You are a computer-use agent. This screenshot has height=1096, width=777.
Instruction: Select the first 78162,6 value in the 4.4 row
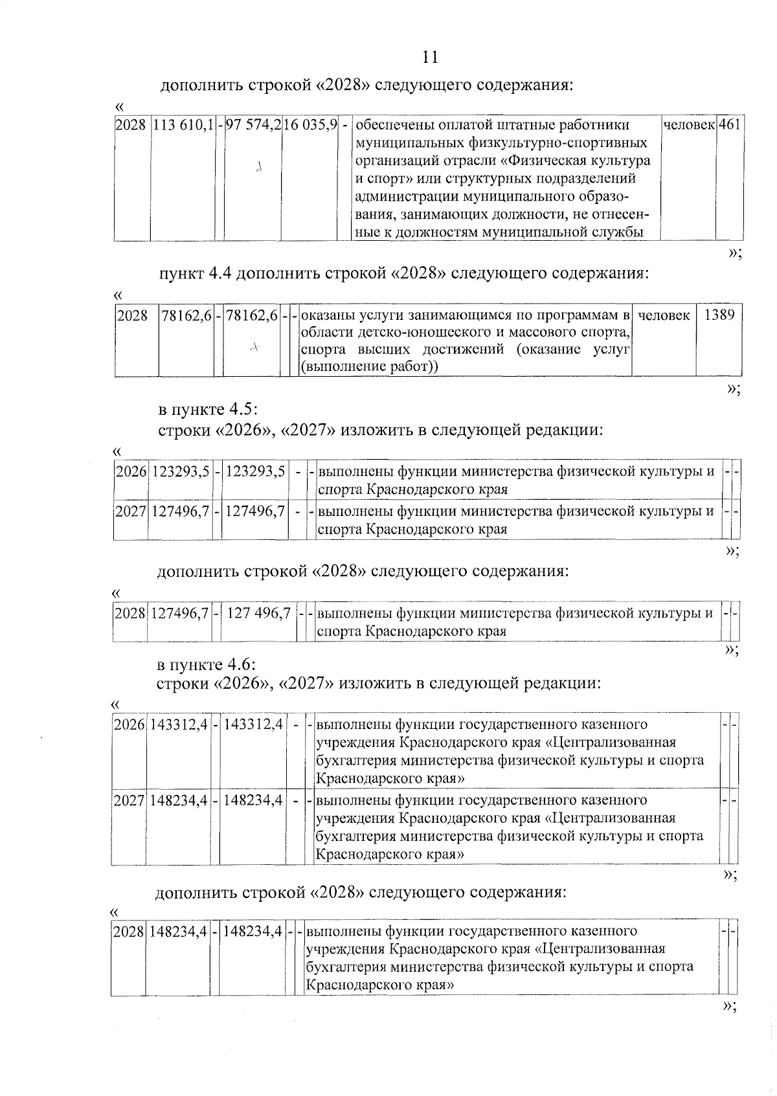click(186, 316)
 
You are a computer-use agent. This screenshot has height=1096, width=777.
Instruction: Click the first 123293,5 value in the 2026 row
click(181, 472)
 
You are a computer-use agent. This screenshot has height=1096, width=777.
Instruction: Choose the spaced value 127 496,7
click(258, 612)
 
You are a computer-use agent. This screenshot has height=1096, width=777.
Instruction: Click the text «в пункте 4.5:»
click(208, 410)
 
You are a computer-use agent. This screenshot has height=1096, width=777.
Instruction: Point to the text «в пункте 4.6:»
click(207, 665)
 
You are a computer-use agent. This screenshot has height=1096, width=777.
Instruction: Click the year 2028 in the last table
click(128, 932)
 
